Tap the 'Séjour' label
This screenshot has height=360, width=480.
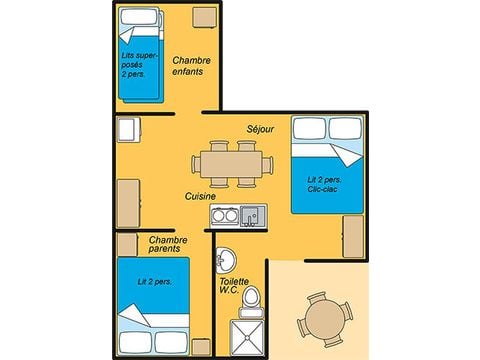(x=260, y=129)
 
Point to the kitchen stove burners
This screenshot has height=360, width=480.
(x=226, y=215)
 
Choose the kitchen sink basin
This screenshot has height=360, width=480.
(x=251, y=214)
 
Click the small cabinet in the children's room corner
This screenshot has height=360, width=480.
(x=205, y=17)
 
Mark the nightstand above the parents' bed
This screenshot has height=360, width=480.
(x=127, y=244)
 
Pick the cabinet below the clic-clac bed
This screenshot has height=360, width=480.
(x=352, y=235)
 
